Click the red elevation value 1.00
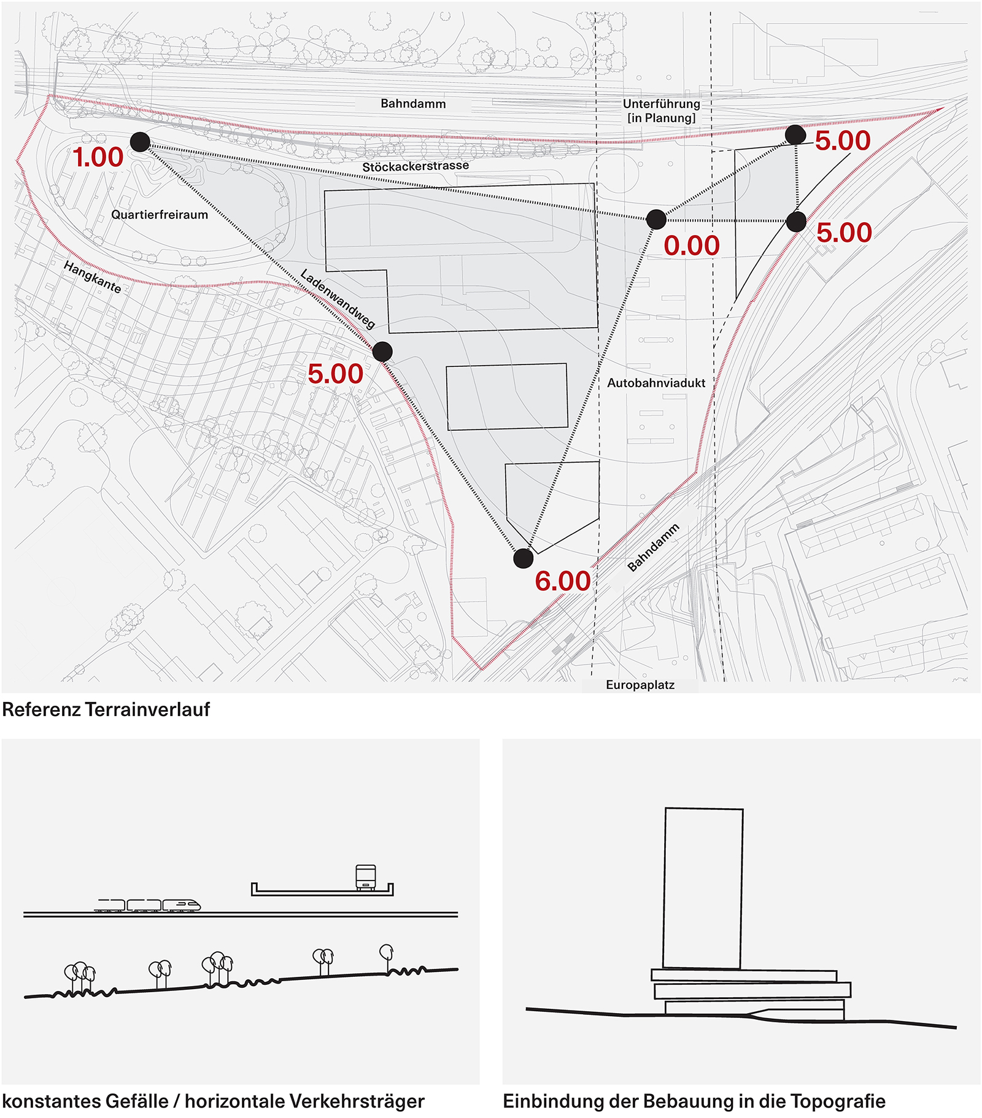tap(98, 158)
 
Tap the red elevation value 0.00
tap(692, 246)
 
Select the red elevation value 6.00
tap(562, 581)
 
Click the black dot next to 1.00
tap(140, 142)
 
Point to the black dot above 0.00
tap(656, 219)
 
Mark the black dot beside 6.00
tap(523, 558)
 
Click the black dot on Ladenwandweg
tap(382, 352)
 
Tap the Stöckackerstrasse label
tap(415, 166)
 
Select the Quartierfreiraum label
tap(160, 215)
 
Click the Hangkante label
tap(92, 277)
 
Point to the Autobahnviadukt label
tap(656, 383)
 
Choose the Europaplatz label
tap(640, 685)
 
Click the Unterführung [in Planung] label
tap(661, 110)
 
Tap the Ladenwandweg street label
tap(337, 299)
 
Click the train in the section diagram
tap(147, 905)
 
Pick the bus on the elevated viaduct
tap(366, 877)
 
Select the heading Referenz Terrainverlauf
tap(106, 709)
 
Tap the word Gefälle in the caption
tap(137, 1101)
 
